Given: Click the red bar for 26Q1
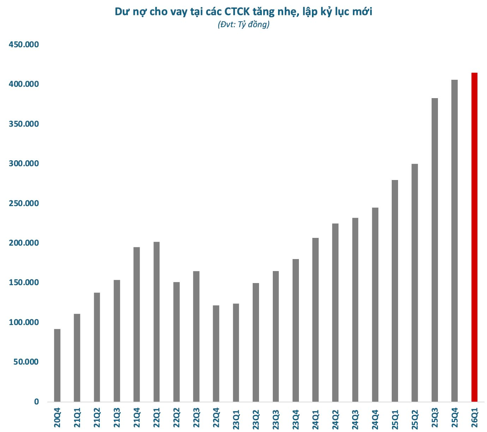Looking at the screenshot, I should pyautogui.click(x=474, y=237).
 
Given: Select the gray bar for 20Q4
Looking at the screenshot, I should pyautogui.click(x=57, y=365).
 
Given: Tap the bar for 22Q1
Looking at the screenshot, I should pyautogui.click(x=156, y=322).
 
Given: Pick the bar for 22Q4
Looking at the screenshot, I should pyautogui.click(x=216, y=353).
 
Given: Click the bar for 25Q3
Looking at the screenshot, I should pyautogui.click(x=435, y=250).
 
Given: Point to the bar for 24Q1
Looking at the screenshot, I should pyautogui.click(x=315, y=320).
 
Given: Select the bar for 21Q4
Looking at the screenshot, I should pyautogui.click(x=137, y=324).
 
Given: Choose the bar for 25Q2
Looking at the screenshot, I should pyautogui.click(x=415, y=283).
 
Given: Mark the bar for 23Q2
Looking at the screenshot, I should pyautogui.click(x=256, y=342).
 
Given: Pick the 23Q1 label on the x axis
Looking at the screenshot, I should pyautogui.click(x=236, y=418).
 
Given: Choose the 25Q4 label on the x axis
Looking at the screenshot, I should pyautogui.click(x=455, y=418).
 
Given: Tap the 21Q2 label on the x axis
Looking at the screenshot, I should pyautogui.click(x=97, y=418).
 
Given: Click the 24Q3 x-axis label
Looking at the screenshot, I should pyautogui.click(x=355, y=418).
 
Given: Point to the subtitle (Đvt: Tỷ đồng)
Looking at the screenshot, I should pyautogui.click(x=243, y=25).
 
